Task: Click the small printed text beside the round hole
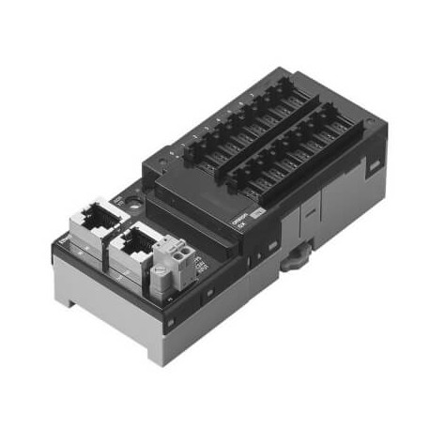click(117, 199)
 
